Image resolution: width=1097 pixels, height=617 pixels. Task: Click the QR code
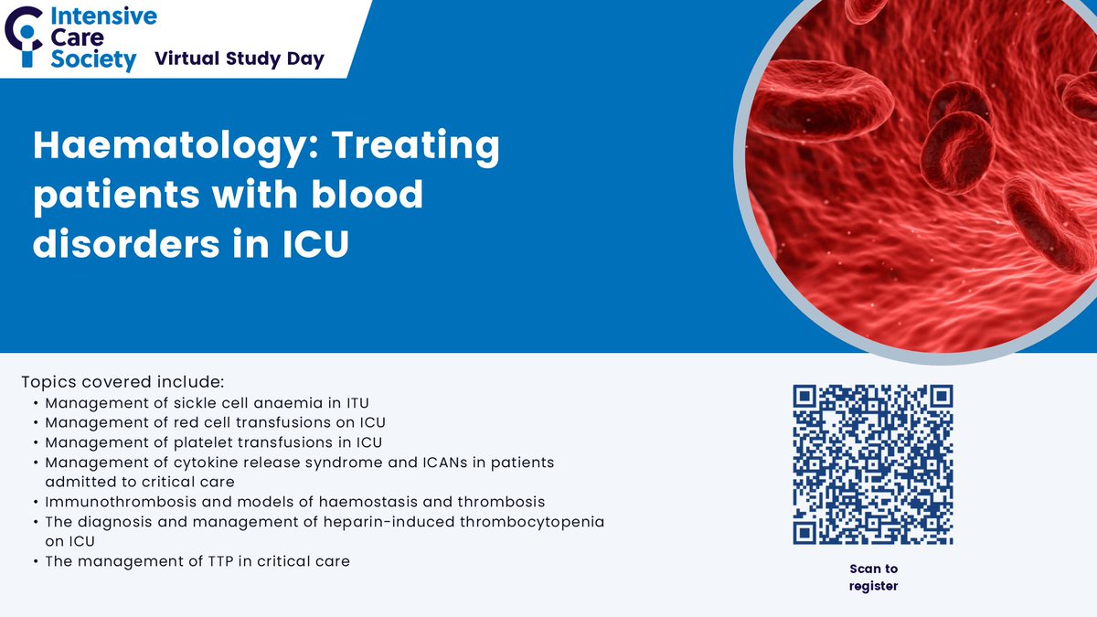[873, 464]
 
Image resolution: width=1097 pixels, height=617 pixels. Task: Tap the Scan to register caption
[873, 578]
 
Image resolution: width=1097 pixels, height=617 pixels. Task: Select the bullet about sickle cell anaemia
[207, 402]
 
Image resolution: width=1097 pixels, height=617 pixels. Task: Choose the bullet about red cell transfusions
[215, 422]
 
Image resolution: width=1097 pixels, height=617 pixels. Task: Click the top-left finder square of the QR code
[805, 397]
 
